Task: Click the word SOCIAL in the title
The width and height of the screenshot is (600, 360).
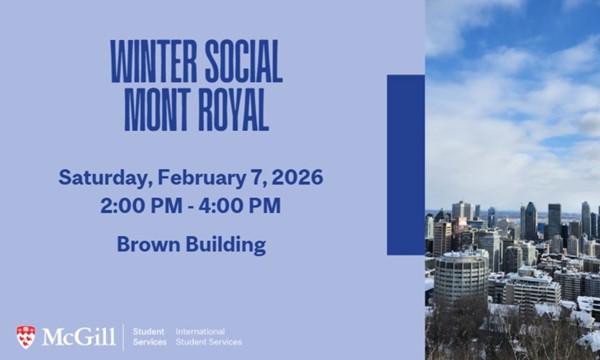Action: pyautogui.click(x=240, y=63)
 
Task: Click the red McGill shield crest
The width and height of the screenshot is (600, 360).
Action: pyautogui.click(x=26, y=336)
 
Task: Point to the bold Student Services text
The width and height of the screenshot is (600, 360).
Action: pyautogui.click(x=149, y=336)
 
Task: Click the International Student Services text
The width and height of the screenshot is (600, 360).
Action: pyautogui.click(x=208, y=336)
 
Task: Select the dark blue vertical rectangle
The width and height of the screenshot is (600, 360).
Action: pyautogui.click(x=405, y=150)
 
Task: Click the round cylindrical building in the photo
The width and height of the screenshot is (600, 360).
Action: pyautogui.click(x=460, y=277)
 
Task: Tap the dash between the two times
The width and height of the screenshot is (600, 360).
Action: pyautogui.click(x=190, y=207)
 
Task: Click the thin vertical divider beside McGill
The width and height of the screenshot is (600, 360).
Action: pyautogui.click(x=123, y=336)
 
